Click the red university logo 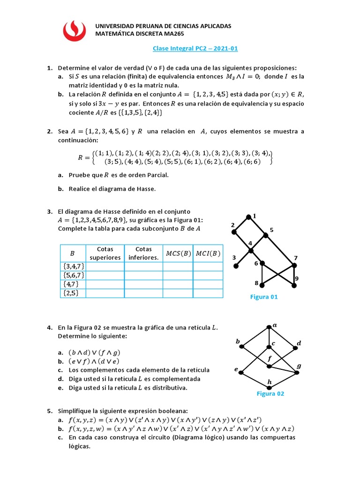click(75, 30)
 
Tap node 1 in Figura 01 click(248, 217)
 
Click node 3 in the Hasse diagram click(236, 266)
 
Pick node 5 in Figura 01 click(265, 235)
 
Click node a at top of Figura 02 click(269, 327)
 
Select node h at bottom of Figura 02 click(269, 387)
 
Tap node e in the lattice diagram click(241, 373)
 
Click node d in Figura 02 click(296, 348)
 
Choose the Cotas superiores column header click(105, 253)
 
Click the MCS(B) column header click(178, 254)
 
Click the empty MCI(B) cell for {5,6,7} click(208, 275)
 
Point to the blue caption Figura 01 click(264, 297)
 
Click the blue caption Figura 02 click(270, 394)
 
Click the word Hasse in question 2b click(145, 189)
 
